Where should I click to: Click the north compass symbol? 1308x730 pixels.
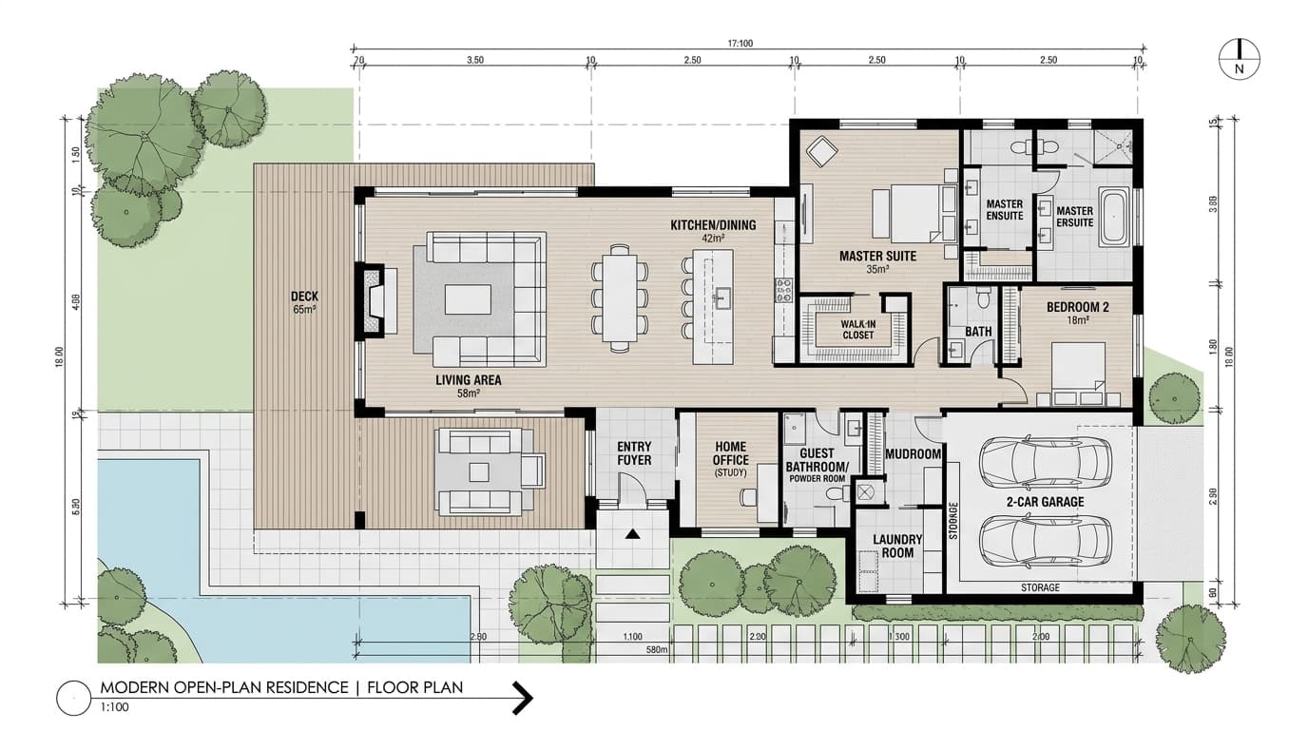click(x=1240, y=59)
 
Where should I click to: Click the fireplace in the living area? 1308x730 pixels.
click(x=372, y=299)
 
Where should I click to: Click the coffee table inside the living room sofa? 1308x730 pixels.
click(x=469, y=299)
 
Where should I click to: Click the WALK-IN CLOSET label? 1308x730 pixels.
click(x=856, y=329)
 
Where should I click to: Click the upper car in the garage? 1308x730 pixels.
click(x=1043, y=461)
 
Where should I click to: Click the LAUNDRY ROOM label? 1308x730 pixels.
click(x=896, y=546)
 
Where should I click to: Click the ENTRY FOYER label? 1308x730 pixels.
click(x=634, y=453)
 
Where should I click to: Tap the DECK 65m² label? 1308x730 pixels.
click(x=304, y=302)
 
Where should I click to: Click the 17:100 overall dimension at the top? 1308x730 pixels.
click(x=740, y=44)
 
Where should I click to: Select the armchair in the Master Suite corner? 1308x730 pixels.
click(x=819, y=150)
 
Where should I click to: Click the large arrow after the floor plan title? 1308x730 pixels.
click(x=522, y=698)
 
